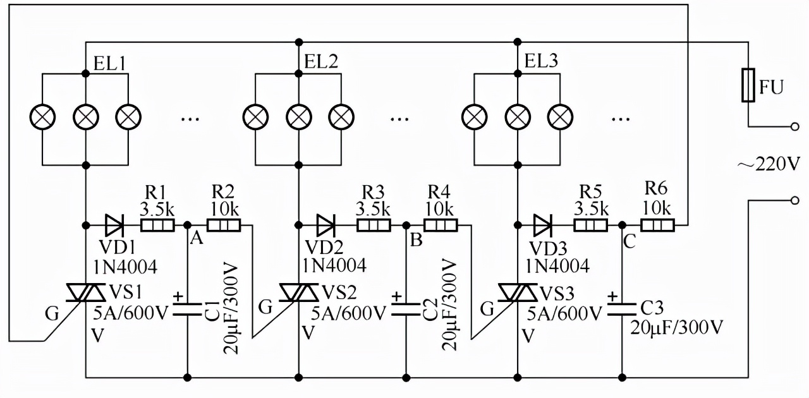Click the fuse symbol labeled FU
(x=749, y=86)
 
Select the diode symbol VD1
(x=114, y=224)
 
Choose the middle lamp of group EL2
(x=298, y=116)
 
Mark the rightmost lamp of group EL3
(x=559, y=116)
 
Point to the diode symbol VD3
(x=543, y=224)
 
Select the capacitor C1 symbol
(x=188, y=308)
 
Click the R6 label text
(x=657, y=188)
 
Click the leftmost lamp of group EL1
(x=43, y=116)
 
